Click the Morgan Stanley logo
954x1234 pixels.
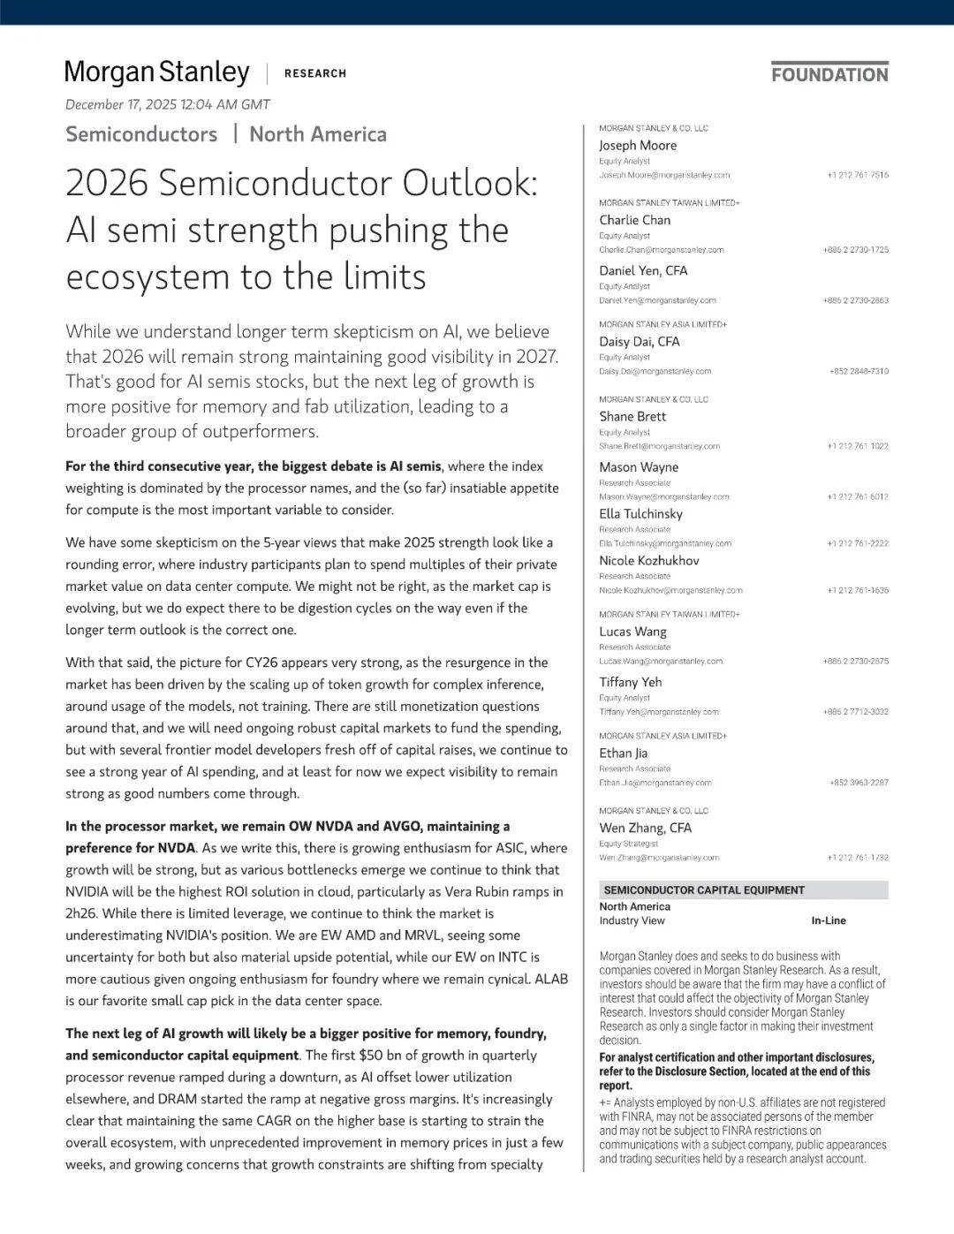click(x=157, y=72)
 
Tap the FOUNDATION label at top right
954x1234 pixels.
click(x=829, y=74)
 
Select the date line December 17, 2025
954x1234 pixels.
click(x=168, y=104)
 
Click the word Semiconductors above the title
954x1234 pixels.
click(x=141, y=134)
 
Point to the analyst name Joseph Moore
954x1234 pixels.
click(x=638, y=146)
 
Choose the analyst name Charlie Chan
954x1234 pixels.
click(x=634, y=220)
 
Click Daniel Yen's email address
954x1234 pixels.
click(x=657, y=300)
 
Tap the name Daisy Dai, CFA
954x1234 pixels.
click(x=640, y=342)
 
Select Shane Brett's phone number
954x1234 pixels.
click(x=858, y=446)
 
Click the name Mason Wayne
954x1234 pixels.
click(x=639, y=467)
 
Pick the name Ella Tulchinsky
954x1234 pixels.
click(x=640, y=514)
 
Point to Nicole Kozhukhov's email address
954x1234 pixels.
click(x=670, y=590)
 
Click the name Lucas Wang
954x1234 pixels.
click(x=632, y=632)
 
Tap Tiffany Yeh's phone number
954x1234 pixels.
click(x=855, y=712)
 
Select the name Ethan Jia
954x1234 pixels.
click(x=623, y=753)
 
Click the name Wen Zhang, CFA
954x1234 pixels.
click(x=645, y=829)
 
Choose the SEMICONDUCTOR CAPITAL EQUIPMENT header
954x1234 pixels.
click(x=704, y=890)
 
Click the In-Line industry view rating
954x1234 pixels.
click(x=829, y=920)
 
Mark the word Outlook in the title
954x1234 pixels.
click(x=470, y=184)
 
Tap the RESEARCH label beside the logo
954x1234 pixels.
click(x=315, y=73)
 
